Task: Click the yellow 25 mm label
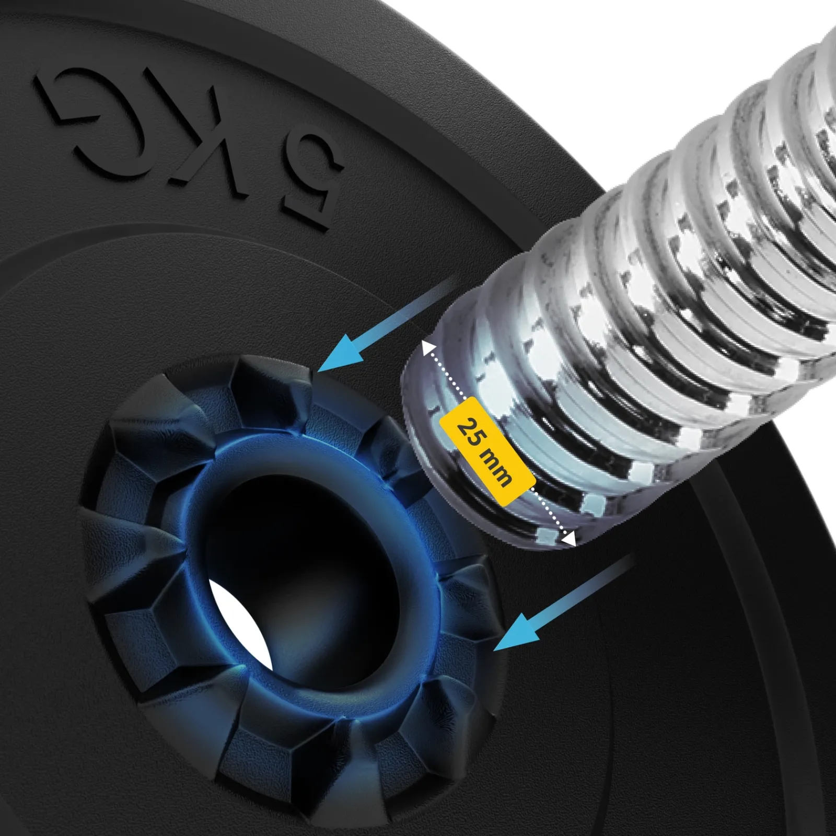pos(487,451)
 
